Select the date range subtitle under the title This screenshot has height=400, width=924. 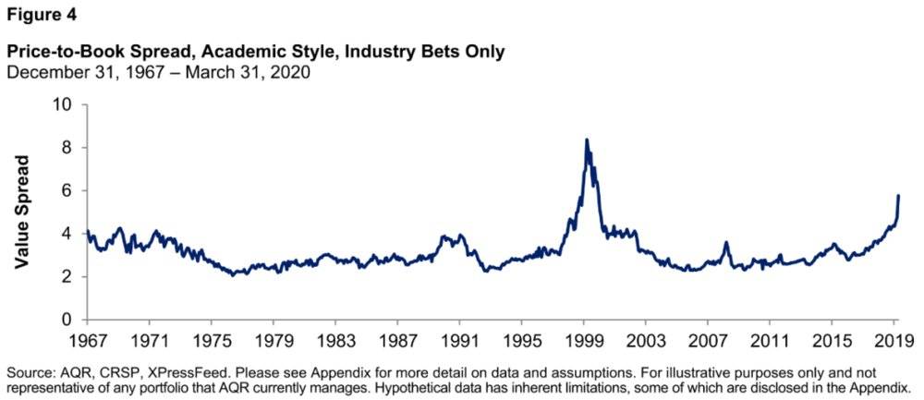157,73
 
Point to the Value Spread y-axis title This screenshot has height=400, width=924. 23,212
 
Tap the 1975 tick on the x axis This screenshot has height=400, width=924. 213,338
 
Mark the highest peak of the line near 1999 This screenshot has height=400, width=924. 586,139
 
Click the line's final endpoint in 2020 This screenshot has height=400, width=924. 899,196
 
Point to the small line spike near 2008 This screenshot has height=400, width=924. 726,243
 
